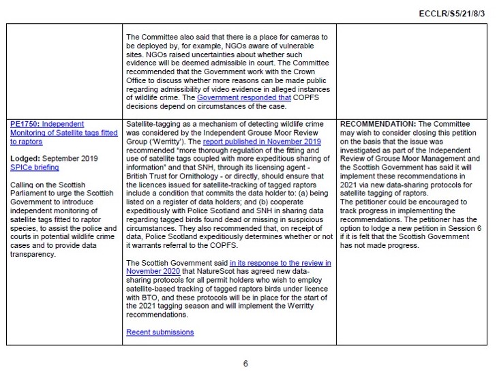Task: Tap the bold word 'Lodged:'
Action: [26, 157]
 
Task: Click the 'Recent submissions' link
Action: [160, 332]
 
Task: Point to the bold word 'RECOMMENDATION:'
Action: [371, 124]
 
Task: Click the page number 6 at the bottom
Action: [245, 363]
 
